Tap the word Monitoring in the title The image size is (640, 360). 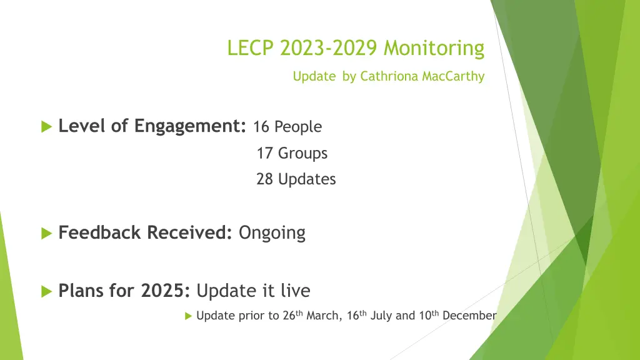click(x=434, y=47)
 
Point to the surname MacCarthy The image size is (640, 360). click(x=453, y=77)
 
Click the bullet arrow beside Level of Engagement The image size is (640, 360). click(x=46, y=127)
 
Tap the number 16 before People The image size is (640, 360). click(x=262, y=127)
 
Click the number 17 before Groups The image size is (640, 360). click(x=264, y=153)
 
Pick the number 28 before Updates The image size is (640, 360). click(x=264, y=179)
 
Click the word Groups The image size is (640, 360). click(x=302, y=153)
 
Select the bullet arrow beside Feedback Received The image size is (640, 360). click(x=46, y=234)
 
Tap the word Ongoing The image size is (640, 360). click(x=272, y=233)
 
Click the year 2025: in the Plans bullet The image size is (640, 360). click(x=166, y=291)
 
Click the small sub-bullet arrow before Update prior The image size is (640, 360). click(x=189, y=316)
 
